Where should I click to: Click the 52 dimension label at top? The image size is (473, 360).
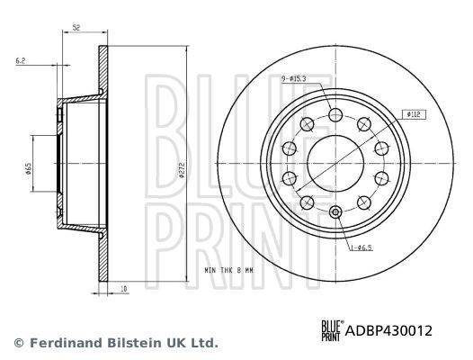tap(76, 28)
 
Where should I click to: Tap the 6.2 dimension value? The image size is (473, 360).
tap(20, 61)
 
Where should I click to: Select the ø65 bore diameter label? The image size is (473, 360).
tap(29, 169)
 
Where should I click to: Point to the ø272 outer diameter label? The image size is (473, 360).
tap(182, 170)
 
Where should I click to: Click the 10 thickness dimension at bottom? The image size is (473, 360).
tap(124, 289)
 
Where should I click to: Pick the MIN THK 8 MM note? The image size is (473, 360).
tap(228, 270)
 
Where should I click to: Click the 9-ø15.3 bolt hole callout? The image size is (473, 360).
tap(294, 79)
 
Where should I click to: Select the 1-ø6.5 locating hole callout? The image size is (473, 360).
tap(361, 248)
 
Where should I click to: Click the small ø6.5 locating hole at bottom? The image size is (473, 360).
tap(335, 212)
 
